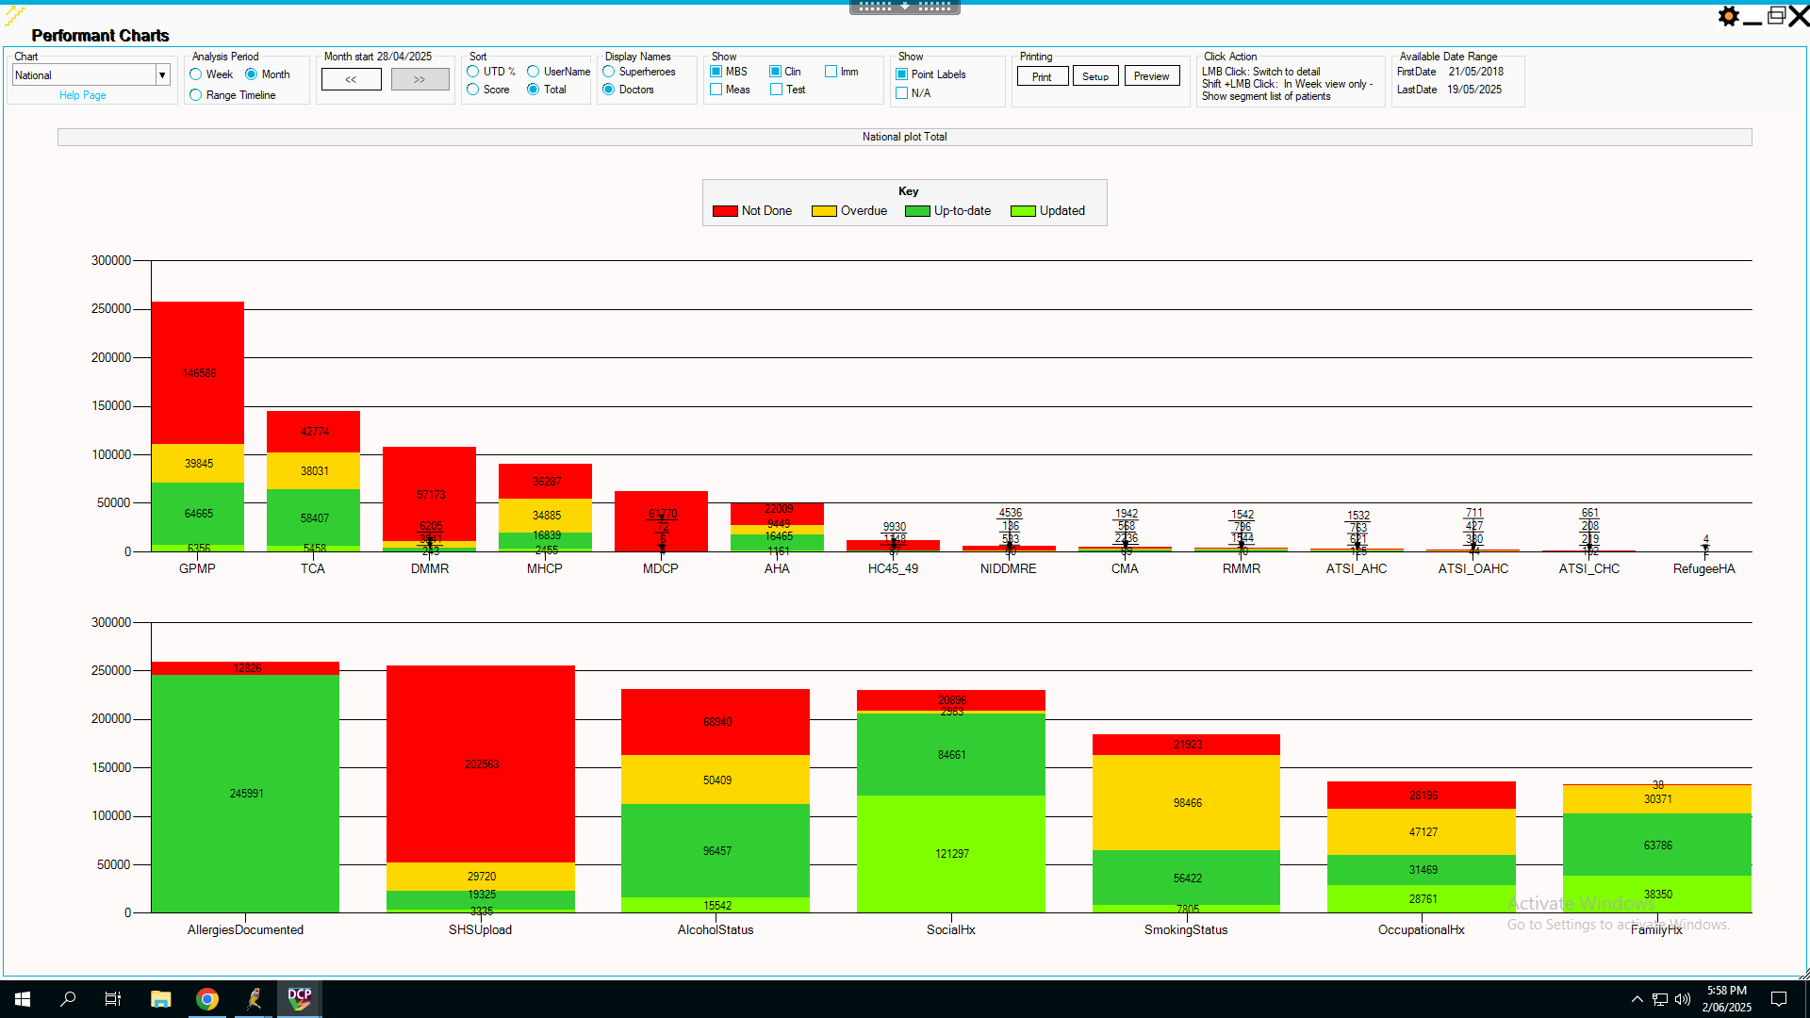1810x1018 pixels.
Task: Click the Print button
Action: tap(1042, 76)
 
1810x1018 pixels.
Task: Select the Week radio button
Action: tap(196, 74)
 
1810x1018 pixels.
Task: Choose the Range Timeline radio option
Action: tap(196, 95)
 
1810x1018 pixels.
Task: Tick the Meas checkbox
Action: tap(716, 90)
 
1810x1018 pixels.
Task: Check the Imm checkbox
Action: tap(831, 72)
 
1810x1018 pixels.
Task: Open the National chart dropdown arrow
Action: tap(162, 75)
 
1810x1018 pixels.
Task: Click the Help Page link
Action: tap(82, 95)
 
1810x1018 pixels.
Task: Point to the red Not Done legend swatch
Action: tap(725, 211)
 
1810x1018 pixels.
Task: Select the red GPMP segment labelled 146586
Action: tap(198, 373)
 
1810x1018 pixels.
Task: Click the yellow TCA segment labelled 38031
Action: tap(314, 470)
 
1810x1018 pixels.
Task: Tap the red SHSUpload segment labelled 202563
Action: tap(481, 763)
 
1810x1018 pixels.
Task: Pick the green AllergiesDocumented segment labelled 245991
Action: tap(246, 793)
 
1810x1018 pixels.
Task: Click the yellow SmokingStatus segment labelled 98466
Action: tap(1187, 802)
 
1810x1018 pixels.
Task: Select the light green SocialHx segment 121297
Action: tap(951, 853)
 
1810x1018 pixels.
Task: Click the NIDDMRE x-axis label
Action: tap(1008, 568)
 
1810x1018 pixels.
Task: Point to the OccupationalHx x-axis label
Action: tap(1421, 929)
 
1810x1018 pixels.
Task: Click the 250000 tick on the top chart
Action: tap(111, 309)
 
